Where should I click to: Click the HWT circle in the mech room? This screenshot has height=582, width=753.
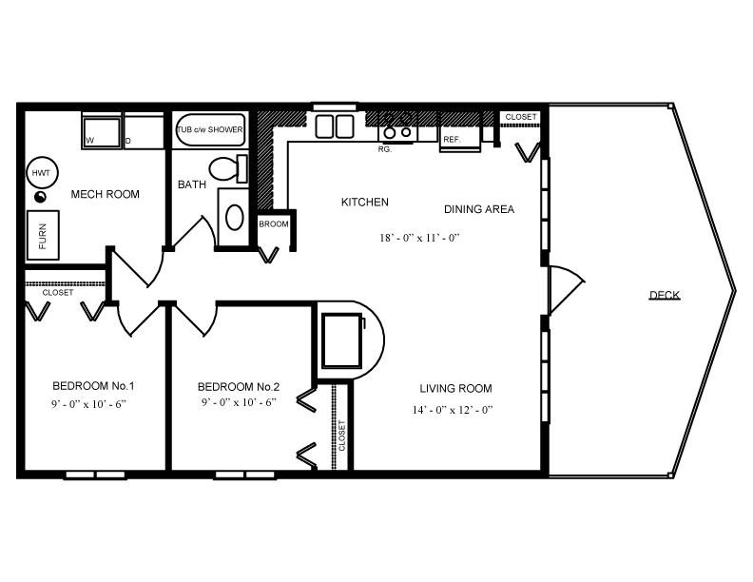tap(41, 172)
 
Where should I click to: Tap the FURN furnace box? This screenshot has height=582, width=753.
tap(43, 235)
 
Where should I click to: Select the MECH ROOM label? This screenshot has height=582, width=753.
tap(106, 195)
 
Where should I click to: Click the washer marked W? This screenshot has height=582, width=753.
tap(102, 132)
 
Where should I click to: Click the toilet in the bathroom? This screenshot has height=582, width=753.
tap(223, 170)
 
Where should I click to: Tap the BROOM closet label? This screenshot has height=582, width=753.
tap(273, 223)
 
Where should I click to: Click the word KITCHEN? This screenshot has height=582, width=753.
tap(365, 202)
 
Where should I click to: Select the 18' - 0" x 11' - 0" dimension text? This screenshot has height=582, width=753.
tap(419, 238)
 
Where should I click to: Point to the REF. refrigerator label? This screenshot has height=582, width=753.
tap(452, 140)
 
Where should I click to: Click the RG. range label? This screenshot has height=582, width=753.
tap(385, 149)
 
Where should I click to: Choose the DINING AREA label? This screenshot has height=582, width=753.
tap(479, 209)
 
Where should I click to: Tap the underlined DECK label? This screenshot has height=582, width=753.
tap(665, 295)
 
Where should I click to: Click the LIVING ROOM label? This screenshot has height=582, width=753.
tap(455, 388)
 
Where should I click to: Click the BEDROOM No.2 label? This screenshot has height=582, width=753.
tap(238, 387)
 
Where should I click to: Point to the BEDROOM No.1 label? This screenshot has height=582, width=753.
tap(93, 386)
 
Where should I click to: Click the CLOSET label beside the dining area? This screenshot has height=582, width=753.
tap(520, 117)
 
